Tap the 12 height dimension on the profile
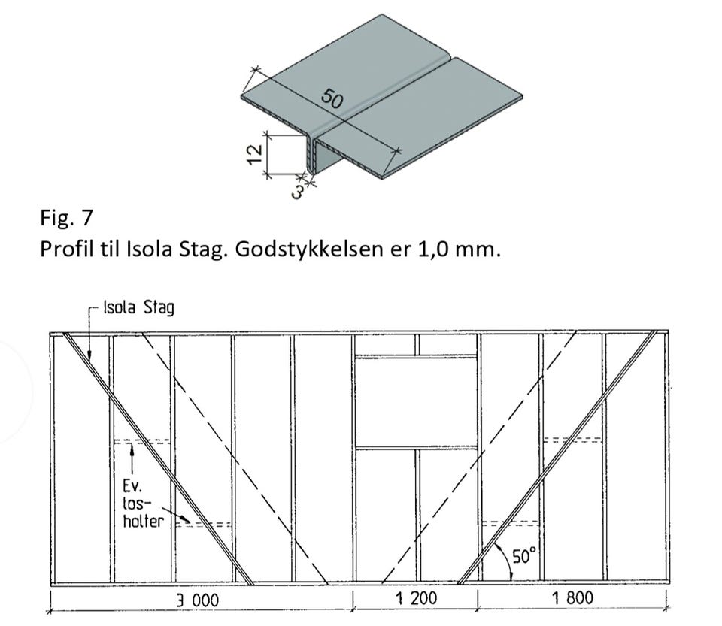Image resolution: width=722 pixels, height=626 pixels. tap(255, 154)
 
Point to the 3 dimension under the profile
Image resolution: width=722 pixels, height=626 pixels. tap(299, 192)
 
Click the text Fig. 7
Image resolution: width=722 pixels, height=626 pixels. tap(66, 217)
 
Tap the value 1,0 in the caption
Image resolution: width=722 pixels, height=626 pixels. tap(432, 249)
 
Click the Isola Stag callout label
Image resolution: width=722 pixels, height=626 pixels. tap(138, 307)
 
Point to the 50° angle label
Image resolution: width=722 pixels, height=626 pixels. tap(525, 555)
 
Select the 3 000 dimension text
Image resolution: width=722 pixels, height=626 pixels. tap(198, 600)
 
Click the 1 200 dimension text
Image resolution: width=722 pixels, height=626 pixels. tap(417, 598)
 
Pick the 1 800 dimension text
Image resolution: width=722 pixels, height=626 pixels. tap(572, 598)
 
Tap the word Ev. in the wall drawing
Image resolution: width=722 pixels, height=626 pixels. tap(132, 486)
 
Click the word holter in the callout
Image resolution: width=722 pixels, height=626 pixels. tap(143, 521)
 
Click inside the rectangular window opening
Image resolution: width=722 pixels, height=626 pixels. tap(416, 401)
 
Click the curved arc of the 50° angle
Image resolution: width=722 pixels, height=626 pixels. tap(505, 559)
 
